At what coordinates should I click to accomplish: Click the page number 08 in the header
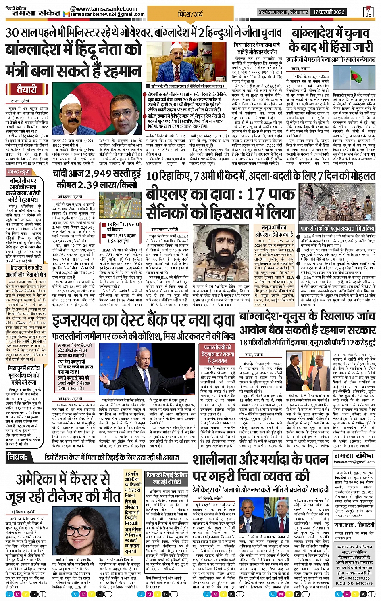(369, 12)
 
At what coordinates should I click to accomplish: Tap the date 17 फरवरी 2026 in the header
(329, 12)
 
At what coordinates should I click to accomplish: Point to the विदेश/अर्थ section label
(190, 14)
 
